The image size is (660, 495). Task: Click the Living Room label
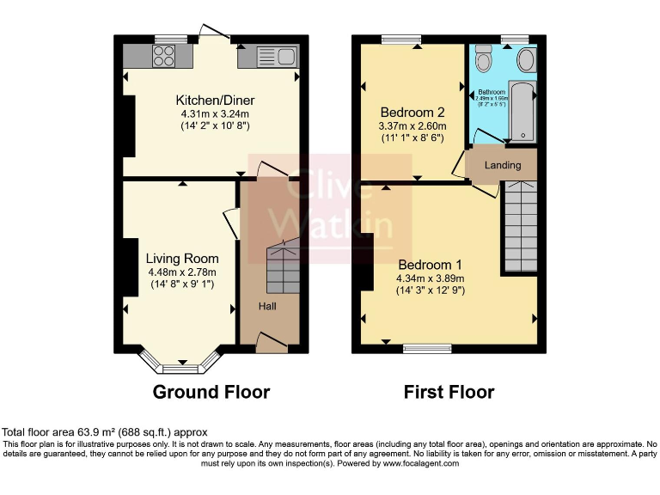(x=181, y=259)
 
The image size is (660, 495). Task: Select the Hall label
(x=268, y=306)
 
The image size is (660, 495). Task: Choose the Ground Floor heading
(x=211, y=393)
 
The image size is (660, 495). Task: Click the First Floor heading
(x=449, y=393)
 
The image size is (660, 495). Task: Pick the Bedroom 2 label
(x=412, y=113)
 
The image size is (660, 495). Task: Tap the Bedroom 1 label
(x=430, y=265)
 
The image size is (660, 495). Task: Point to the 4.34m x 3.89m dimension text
(x=430, y=278)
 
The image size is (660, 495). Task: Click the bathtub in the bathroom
(x=522, y=112)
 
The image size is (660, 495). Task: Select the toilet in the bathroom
(x=483, y=60)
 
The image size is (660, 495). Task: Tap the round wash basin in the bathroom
(x=525, y=59)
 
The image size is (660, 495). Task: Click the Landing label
(x=503, y=165)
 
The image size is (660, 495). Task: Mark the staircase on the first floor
(x=520, y=228)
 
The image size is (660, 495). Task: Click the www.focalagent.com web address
(x=419, y=463)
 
